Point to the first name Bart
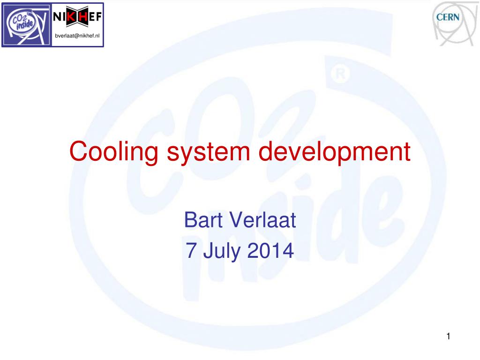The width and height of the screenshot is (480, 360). (x=203, y=220)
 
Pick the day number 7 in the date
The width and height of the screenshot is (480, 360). (x=191, y=251)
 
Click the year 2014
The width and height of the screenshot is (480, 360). (x=270, y=251)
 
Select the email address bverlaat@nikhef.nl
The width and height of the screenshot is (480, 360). (x=77, y=37)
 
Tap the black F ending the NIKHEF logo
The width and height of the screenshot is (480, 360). (x=99, y=16)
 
